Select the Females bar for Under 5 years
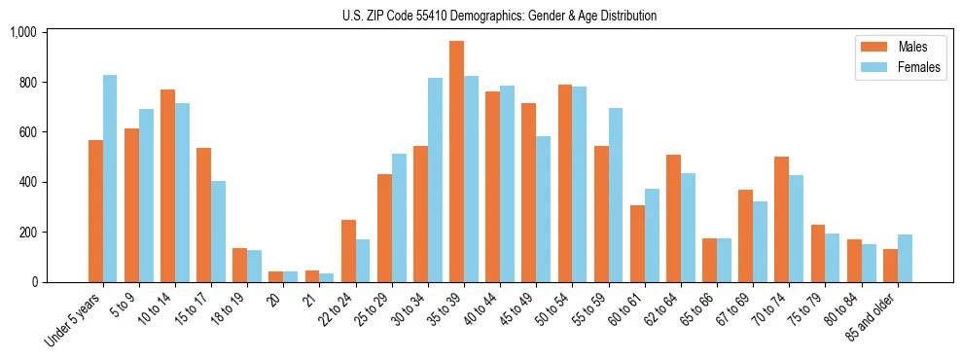tap(110, 179)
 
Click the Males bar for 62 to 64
tap(672, 219)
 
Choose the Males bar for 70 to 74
tap(780, 220)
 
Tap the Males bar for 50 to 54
tap(564, 184)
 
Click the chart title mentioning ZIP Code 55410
tap(499, 16)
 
